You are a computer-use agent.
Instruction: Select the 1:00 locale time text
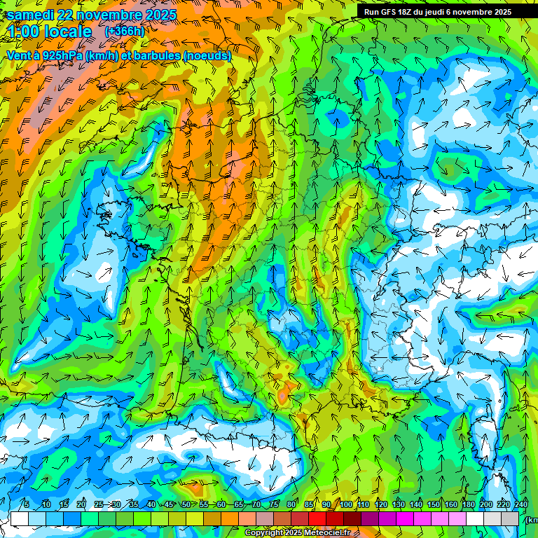50,32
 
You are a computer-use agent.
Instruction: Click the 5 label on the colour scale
27,505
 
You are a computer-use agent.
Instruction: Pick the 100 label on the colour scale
346,505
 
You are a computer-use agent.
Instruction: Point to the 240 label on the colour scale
521,505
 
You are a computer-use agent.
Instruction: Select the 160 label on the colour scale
451,505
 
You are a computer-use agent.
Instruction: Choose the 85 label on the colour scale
309,505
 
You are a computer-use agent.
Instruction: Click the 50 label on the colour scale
186,505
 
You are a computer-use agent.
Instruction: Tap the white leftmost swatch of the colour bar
19,518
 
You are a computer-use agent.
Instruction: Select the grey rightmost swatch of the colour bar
511,518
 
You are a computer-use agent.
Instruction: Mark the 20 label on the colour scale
81,505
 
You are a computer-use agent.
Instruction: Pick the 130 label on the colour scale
399,505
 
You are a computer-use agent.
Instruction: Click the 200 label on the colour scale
486,505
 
